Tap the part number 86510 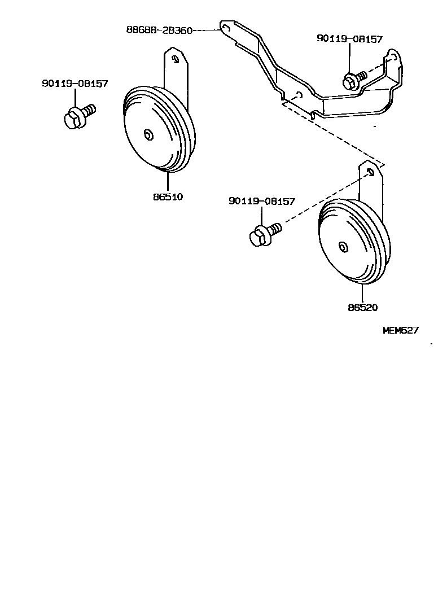click(x=168, y=198)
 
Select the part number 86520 click(x=362, y=308)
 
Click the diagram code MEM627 click(x=401, y=331)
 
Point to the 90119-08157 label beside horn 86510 click(x=74, y=84)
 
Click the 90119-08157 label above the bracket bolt click(x=349, y=39)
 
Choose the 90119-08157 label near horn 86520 click(x=262, y=201)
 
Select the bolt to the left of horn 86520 click(x=263, y=233)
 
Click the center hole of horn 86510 click(x=148, y=134)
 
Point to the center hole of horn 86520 click(x=343, y=247)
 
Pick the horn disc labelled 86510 click(x=158, y=130)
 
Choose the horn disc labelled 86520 click(x=353, y=243)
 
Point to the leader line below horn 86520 click(x=362, y=292)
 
